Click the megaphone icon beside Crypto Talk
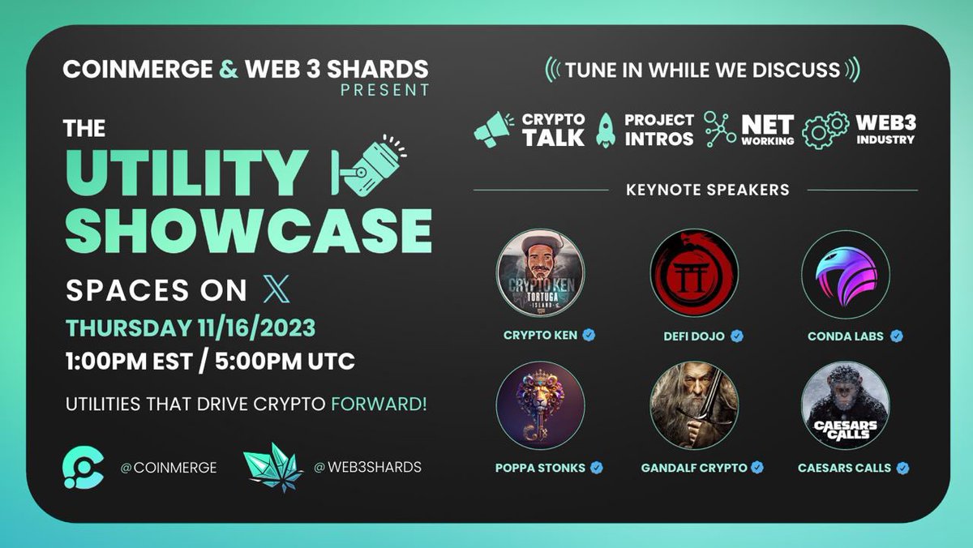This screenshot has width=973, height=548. (x=494, y=130)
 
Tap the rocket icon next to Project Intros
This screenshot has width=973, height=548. (x=605, y=130)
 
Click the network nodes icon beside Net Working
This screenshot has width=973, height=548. (x=720, y=130)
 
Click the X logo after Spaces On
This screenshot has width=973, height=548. (x=276, y=289)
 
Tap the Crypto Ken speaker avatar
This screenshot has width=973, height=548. (x=540, y=273)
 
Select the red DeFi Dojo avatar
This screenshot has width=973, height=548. (x=694, y=273)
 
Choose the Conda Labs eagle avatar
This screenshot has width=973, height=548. (x=846, y=273)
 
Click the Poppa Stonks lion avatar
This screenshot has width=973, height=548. (x=540, y=405)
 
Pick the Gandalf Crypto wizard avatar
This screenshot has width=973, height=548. (x=694, y=405)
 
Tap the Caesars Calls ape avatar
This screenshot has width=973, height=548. (x=846, y=405)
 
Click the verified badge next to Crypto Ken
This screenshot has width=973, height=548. (x=589, y=335)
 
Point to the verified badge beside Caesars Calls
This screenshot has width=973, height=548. (x=902, y=468)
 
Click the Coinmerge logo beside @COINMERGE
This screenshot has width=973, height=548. (x=84, y=468)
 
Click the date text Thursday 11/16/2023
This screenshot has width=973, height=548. (x=191, y=329)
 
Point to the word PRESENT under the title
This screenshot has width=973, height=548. (x=384, y=90)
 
